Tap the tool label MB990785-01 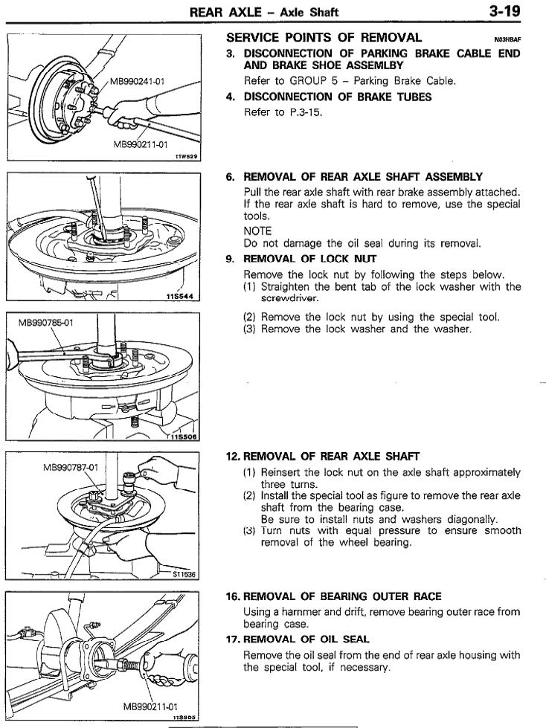[x=48, y=323]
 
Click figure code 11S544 [x=180, y=297]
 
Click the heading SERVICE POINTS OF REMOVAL [x=324, y=37]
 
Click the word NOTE [x=257, y=231]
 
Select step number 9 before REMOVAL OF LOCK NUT [x=231, y=260]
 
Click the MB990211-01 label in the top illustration [x=139, y=144]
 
